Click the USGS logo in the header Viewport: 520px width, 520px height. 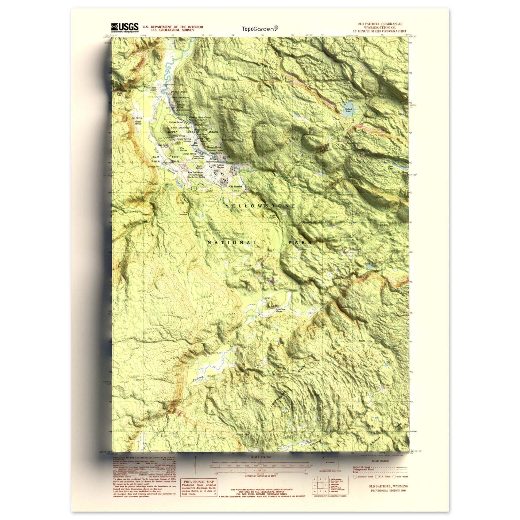(125, 28)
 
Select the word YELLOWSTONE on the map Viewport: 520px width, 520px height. (260, 206)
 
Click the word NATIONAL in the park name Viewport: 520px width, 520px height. (232, 243)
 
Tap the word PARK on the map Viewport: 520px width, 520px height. (300, 242)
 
